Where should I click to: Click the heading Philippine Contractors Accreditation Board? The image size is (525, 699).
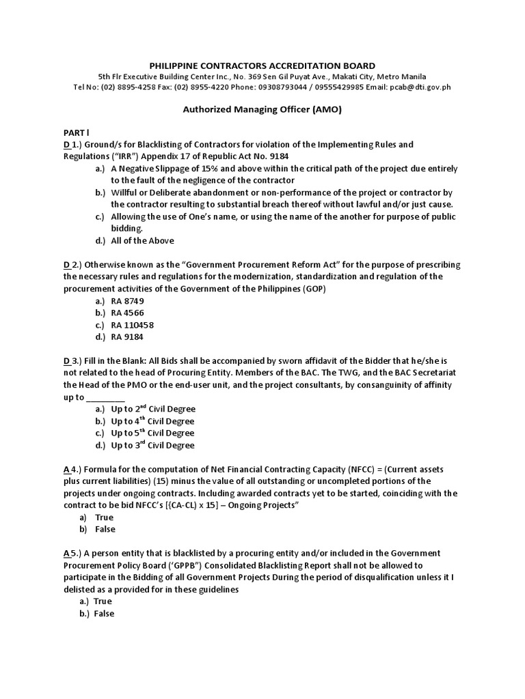tap(263, 65)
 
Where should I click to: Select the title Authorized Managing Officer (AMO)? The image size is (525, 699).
tap(263, 109)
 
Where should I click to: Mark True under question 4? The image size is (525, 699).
tap(105, 517)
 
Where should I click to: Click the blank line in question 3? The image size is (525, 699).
tap(106, 398)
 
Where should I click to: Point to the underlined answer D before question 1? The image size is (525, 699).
tap(66, 145)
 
